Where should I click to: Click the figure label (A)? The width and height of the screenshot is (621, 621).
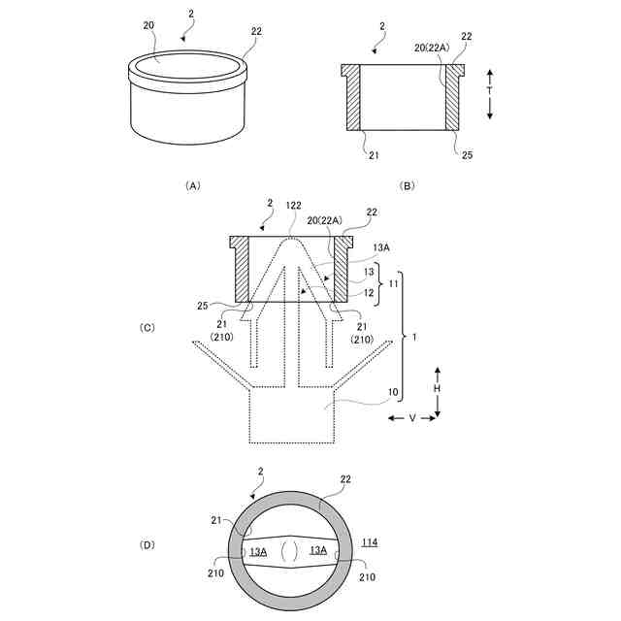(x=193, y=185)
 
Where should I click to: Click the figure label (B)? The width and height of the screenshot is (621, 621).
(x=408, y=185)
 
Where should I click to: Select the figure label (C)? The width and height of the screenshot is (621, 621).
(x=147, y=328)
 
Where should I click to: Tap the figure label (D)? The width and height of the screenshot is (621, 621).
(x=147, y=545)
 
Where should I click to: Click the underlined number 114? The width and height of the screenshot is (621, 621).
(x=370, y=542)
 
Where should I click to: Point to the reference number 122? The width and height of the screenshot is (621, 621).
(x=293, y=205)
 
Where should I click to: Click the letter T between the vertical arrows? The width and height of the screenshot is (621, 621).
(x=489, y=90)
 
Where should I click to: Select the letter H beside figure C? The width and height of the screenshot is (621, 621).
(x=437, y=388)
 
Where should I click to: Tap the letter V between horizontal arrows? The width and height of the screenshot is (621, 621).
(x=412, y=418)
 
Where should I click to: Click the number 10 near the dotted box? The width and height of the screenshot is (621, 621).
(x=392, y=392)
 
